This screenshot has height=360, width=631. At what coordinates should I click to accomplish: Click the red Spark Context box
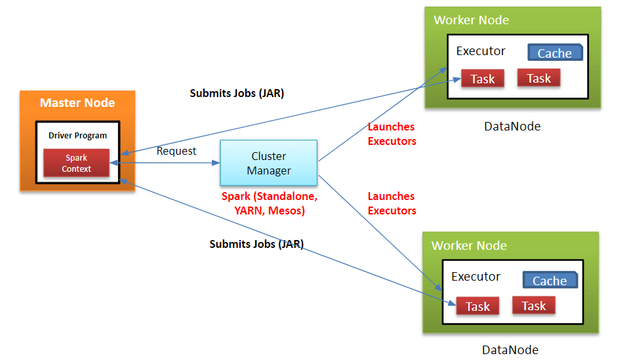point(77,163)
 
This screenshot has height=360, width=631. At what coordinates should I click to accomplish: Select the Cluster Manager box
point(269,163)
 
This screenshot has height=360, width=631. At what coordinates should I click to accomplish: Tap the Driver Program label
point(77,136)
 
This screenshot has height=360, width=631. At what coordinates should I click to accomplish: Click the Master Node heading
point(77,103)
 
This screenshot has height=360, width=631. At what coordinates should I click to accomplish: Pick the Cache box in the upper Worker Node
point(556,52)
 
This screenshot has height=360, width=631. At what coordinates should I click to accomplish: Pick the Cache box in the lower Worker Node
point(550,281)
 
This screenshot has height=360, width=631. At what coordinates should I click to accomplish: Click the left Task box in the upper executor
point(483,79)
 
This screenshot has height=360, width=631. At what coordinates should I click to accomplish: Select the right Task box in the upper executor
point(539,78)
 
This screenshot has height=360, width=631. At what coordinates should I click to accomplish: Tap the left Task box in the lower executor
point(478,306)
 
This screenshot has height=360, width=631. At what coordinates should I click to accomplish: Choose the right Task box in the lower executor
point(534,306)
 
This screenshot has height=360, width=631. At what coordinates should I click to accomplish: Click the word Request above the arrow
point(176,151)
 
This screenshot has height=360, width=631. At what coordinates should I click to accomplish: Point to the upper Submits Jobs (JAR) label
point(237,93)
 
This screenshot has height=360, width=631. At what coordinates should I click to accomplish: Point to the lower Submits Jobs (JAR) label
point(256,244)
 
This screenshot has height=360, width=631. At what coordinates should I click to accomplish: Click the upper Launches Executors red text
point(392,134)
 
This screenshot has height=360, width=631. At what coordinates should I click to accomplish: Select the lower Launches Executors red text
point(392,203)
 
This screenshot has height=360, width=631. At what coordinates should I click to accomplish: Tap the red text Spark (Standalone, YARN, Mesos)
point(270,203)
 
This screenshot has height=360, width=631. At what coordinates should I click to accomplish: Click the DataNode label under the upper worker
point(512,127)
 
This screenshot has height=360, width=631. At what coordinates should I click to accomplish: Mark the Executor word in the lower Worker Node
point(476,277)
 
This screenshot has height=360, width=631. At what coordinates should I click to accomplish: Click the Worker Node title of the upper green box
point(471,20)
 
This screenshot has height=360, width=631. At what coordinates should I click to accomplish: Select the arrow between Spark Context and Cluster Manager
point(165,163)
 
